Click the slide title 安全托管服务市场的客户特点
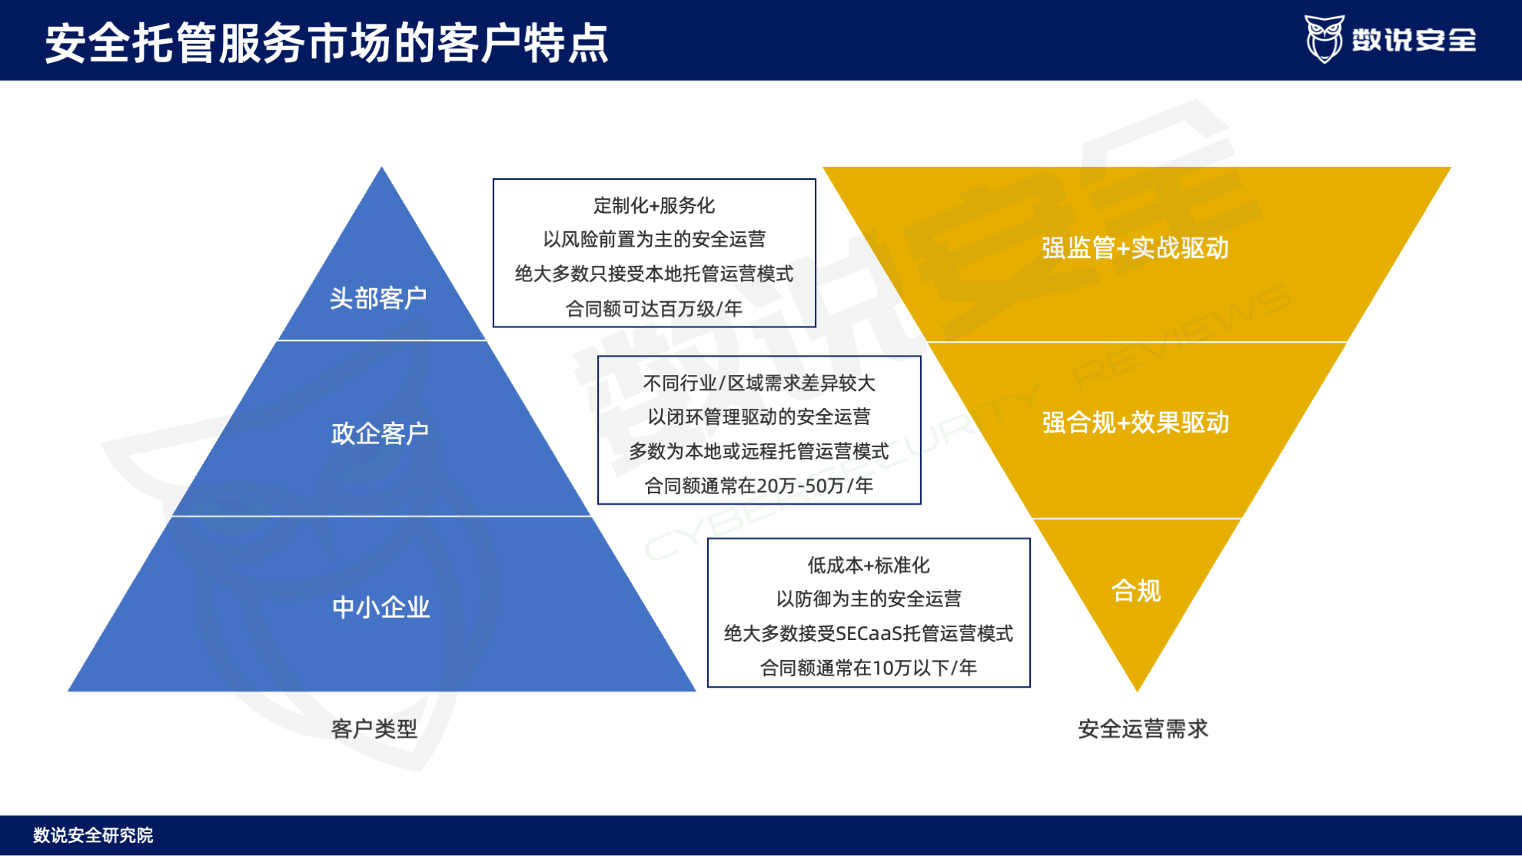(327, 42)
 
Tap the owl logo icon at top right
(1324, 38)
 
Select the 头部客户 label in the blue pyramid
(378, 298)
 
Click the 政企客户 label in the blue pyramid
(380, 433)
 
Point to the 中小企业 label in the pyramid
(380, 607)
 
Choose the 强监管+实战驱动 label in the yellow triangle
(1135, 248)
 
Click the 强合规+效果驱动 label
(1135, 423)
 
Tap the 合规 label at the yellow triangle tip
(1136, 591)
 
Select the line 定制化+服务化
(654, 205)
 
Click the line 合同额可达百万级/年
(654, 309)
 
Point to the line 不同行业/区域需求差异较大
(759, 383)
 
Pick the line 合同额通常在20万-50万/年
(759, 486)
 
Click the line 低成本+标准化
(869, 566)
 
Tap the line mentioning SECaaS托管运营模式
(869, 633)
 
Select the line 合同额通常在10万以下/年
(869, 668)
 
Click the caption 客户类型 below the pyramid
(374, 728)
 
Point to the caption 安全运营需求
(1143, 728)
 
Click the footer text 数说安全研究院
(93, 835)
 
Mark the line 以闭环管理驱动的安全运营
(759, 416)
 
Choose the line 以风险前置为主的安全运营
(654, 239)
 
